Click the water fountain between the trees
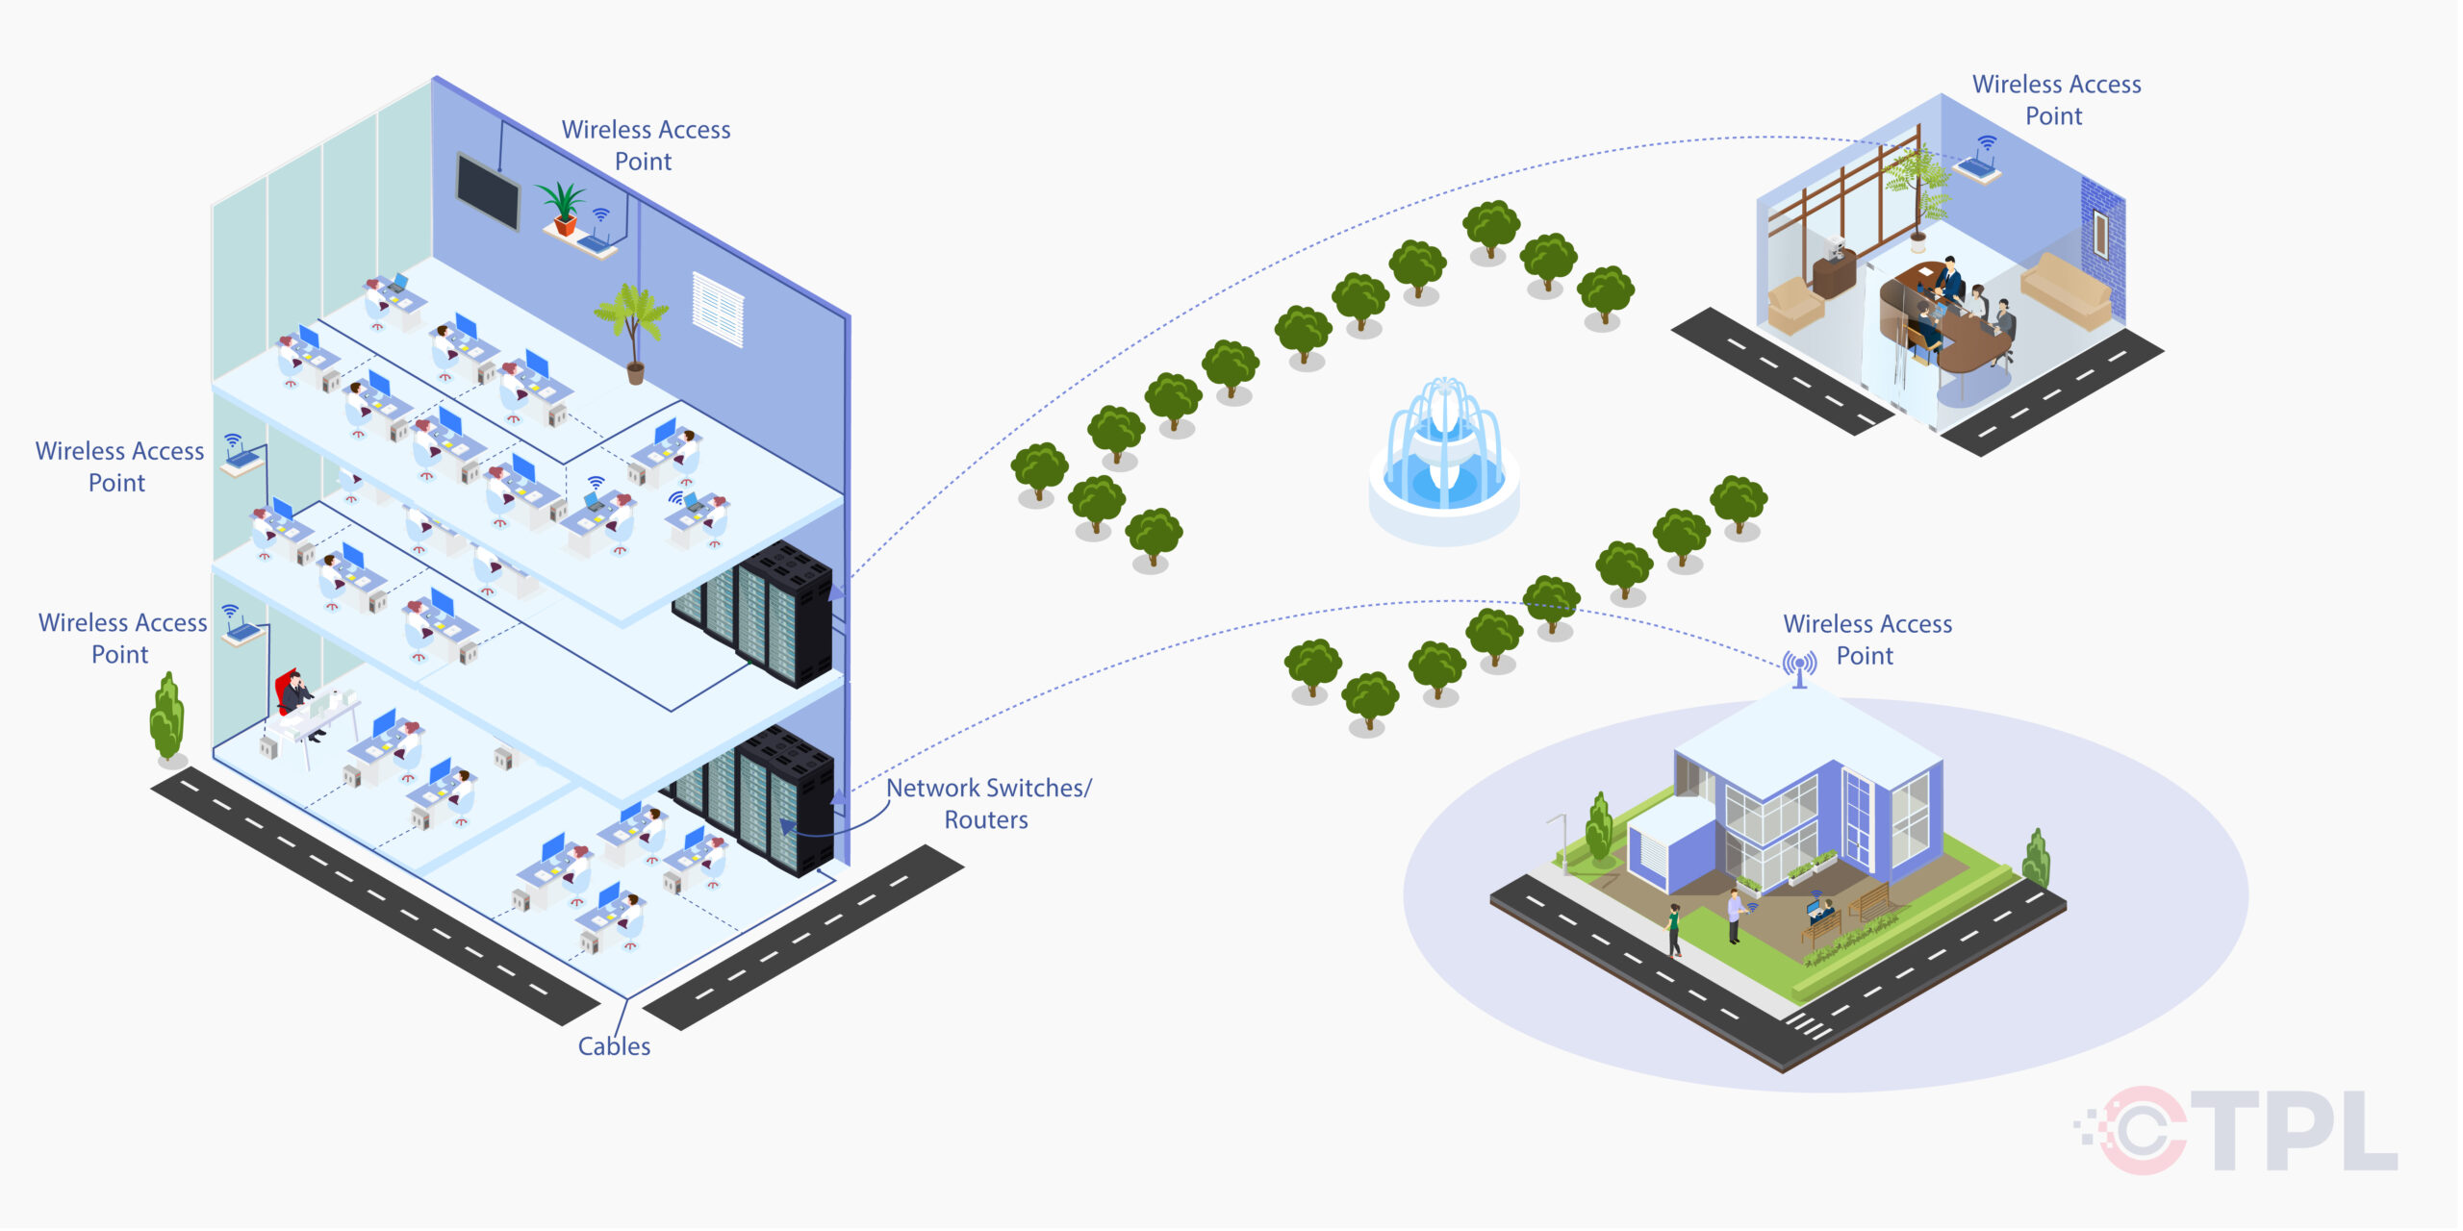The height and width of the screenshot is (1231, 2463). pyautogui.click(x=1443, y=462)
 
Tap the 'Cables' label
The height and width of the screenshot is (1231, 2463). pyautogui.click(x=614, y=1046)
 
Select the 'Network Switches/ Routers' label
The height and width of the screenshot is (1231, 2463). pyautogui.click(x=987, y=804)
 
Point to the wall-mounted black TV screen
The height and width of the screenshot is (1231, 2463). pyautogui.click(x=488, y=189)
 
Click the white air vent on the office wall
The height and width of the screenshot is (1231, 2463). pyautogui.click(x=718, y=309)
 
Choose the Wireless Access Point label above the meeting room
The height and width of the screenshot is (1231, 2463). pyautogui.click(x=2056, y=100)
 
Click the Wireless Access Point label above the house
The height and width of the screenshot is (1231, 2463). pyautogui.click(x=1866, y=640)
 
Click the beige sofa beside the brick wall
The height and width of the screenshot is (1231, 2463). pyautogui.click(x=2067, y=289)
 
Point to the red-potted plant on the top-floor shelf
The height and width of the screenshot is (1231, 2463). pyautogui.click(x=563, y=209)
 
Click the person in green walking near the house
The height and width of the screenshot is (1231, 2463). pyautogui.click(x=1674, y=929)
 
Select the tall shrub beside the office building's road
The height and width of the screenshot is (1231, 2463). pyautogui.click(x=167, y=719)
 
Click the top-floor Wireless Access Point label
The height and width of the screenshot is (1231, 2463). pyautogui.click(x=646, y=145)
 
